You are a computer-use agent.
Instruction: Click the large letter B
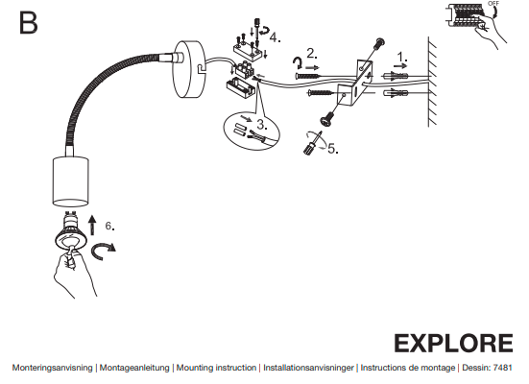[29, 23]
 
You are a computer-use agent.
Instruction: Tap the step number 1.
[402, 57]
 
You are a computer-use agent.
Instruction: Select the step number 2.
[312, 54]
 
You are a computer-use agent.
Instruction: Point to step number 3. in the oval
[262, 124]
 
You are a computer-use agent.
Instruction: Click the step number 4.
[275, 37]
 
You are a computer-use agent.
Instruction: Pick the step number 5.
[333, 149]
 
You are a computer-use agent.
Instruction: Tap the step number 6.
[110, 226]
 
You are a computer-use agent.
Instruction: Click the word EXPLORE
[453, 344]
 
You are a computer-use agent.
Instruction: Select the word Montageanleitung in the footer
[134, 368]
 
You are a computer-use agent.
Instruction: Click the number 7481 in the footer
[502, 368]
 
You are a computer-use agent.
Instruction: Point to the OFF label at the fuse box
[493, 4]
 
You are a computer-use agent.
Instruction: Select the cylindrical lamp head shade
[70, 181]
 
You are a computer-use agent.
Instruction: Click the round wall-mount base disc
[188, 69]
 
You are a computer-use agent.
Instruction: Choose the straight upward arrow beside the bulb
[92, 225]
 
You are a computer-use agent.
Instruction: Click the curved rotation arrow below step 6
[103, 251]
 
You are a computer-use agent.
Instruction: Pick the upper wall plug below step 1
[395, 76]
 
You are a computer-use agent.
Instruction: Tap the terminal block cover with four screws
[248, 50]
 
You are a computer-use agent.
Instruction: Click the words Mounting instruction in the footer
[216, 368]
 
